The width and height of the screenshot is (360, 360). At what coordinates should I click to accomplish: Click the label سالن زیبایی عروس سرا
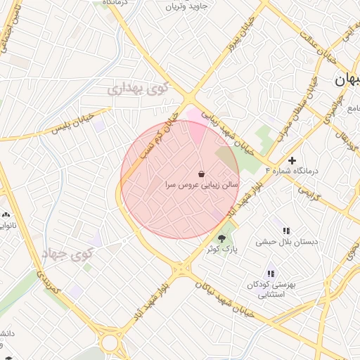tap(201, 185)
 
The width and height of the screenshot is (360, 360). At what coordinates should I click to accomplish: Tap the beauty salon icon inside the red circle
tap(202, 174)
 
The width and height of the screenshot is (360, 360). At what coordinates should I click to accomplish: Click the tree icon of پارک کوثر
tap(222, 238)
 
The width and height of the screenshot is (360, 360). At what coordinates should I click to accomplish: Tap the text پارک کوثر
tap(222, 250)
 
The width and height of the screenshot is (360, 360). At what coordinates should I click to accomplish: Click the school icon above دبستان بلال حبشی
tap(286, 230)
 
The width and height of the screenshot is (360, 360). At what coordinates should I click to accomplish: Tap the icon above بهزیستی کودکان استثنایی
tap(271, 274)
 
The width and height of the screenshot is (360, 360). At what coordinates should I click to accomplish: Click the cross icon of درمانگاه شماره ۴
tap(292, 161)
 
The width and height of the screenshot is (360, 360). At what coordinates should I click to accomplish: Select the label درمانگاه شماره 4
tap(292, 171)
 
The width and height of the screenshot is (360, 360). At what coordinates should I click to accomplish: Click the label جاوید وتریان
tap(188, 7)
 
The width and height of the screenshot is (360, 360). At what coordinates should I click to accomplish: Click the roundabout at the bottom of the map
tap(110, 343)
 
